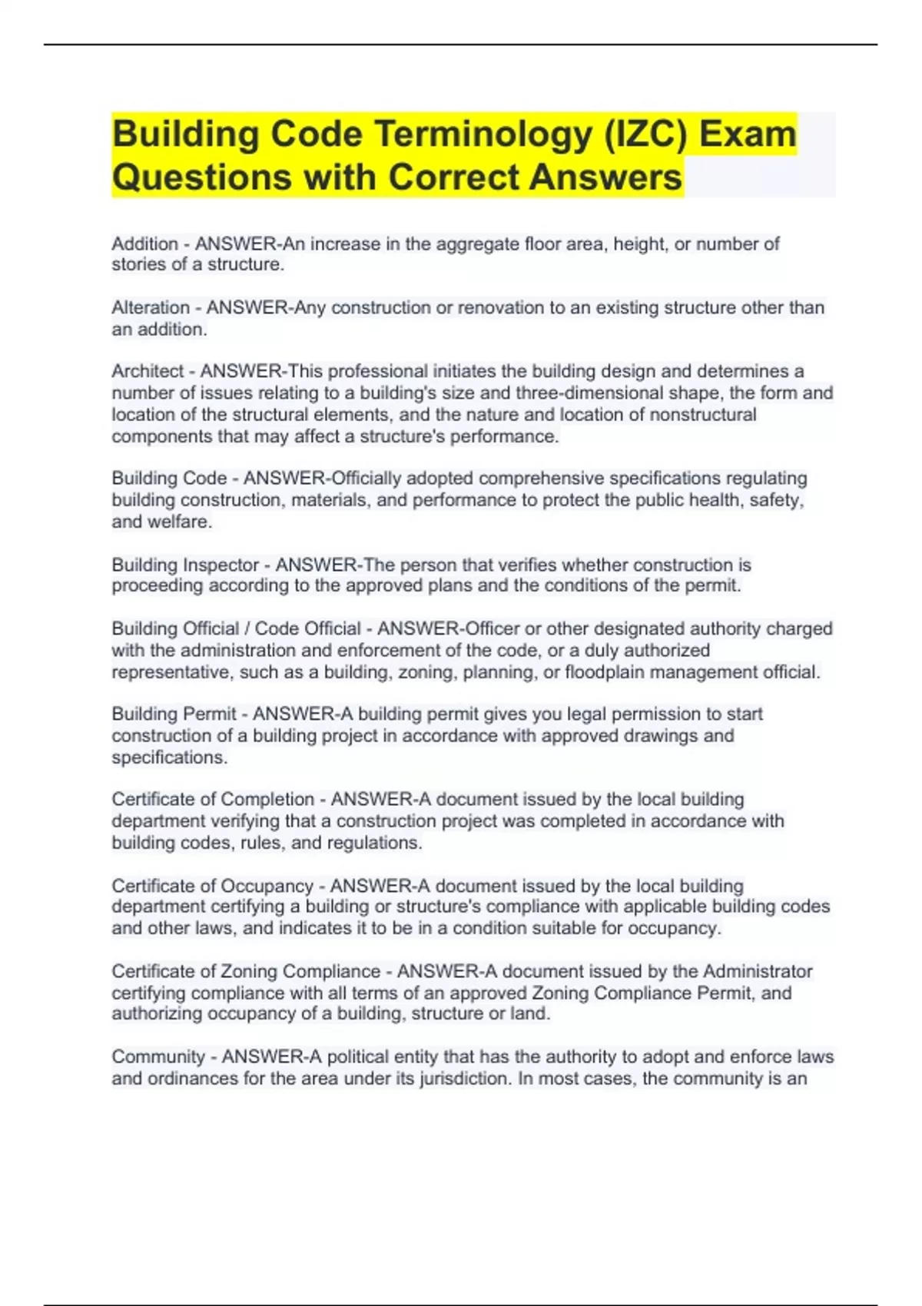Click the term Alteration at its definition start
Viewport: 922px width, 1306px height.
pos(151,307)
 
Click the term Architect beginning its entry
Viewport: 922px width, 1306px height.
pos(148,371)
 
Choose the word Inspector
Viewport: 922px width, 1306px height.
pos(221,565)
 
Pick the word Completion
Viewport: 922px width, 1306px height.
pos(267,799)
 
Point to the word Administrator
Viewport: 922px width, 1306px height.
pos(757,971)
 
